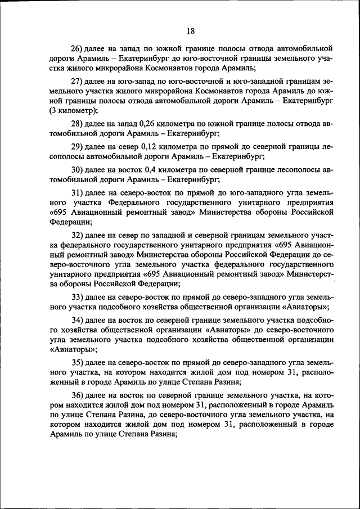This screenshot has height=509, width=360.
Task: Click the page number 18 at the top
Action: coord(191,31)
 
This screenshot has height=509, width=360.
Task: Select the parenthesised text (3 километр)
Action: coord(73,111)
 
